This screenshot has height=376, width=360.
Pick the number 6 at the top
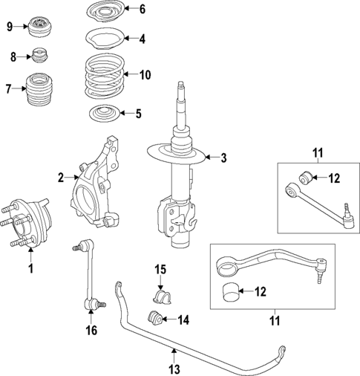(x=143, y=9)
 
